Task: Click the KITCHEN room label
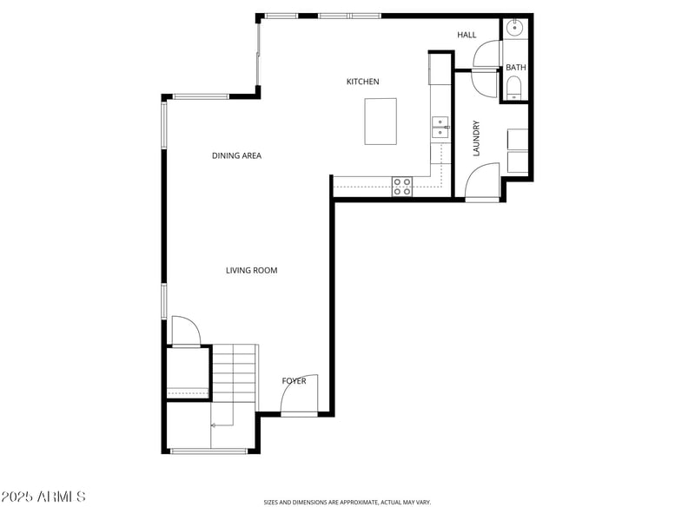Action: coord(362,82)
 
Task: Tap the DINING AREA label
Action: coord(236,156)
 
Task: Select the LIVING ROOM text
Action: coord(251,271)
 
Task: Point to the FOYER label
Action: coord(294,381)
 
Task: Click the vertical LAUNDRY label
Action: coord(476,138)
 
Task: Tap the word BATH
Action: coord(516,68)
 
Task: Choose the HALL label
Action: coord(467,35)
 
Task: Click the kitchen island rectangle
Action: coord(381,122)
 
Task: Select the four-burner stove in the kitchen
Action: coord(402,186)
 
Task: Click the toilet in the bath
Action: coord(514,86)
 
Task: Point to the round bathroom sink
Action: coord(516,28)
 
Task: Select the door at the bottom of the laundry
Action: coord(482,181)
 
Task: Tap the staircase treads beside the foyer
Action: coord(235,373)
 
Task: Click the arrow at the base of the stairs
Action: coord(215,425)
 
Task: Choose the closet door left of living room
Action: coord(185,332)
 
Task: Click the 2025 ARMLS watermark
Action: coord(43,497)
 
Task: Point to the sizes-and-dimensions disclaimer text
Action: coord(347,502)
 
